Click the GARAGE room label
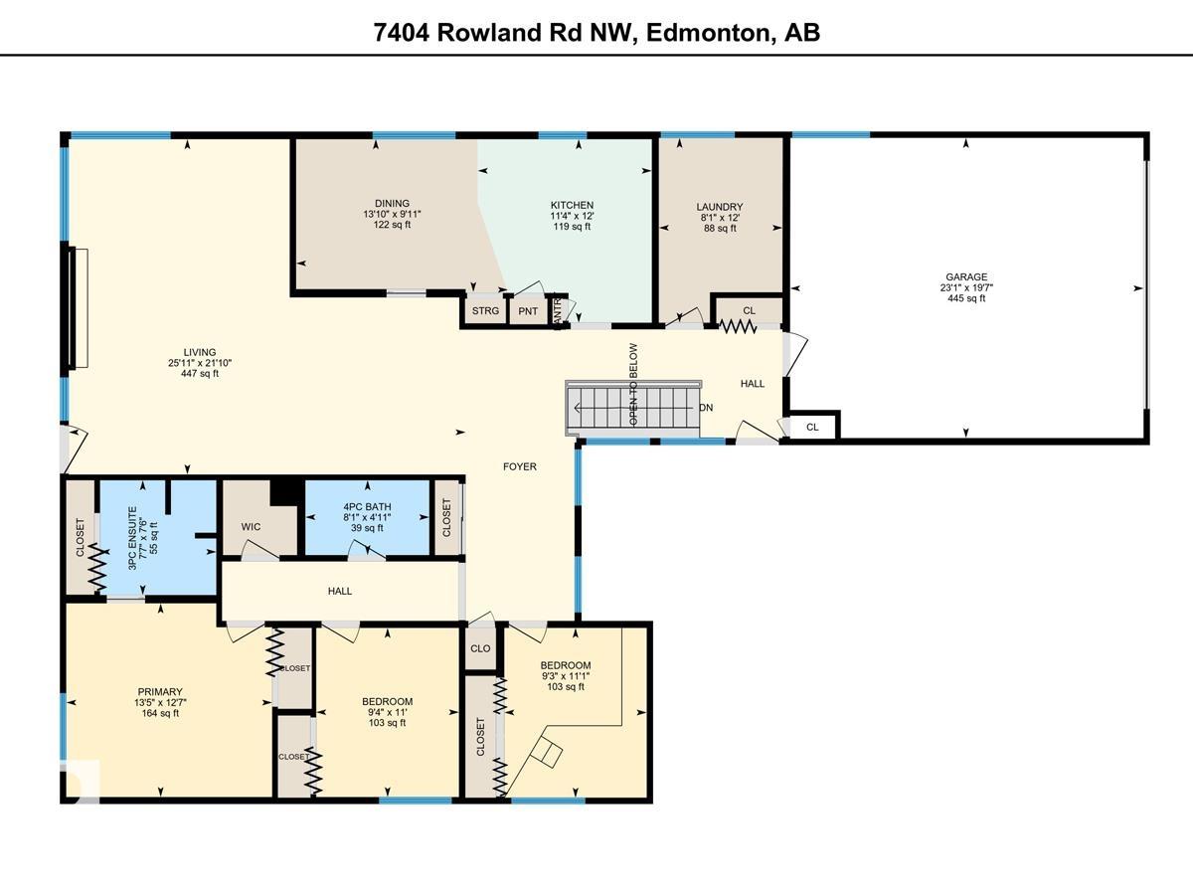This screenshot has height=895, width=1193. (x=966, y=277)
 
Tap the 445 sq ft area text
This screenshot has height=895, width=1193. (x=966, y=298)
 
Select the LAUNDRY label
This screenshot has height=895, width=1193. (x=719, y=207)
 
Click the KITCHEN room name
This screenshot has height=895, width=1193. (x=572, y=205)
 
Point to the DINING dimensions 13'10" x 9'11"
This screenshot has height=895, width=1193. (x=386, y=214)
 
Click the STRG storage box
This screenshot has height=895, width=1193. (x=485, y=311)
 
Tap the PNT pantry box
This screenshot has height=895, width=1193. (x=528, y=311)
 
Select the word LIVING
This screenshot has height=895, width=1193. (x=199, y=352)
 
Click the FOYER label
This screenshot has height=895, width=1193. (x=519, y=466)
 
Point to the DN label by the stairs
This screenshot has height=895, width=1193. (x=706, y=408)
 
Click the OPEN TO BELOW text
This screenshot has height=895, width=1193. (x=633, y=385)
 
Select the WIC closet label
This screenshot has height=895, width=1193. (x=251, y=526)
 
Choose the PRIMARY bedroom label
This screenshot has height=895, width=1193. (x=160, y=692)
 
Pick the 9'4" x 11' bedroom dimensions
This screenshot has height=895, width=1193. (x=387, y=712)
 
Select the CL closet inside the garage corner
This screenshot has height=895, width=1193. (x=812, y=427)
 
